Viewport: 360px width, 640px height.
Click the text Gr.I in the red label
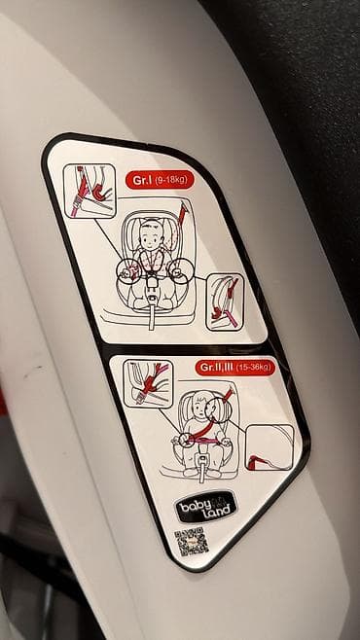142,180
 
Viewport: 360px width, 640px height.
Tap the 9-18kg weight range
171,180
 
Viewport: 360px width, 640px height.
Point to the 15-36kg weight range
253,368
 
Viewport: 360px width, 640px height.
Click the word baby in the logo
193,506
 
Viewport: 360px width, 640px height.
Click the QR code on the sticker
192,542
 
